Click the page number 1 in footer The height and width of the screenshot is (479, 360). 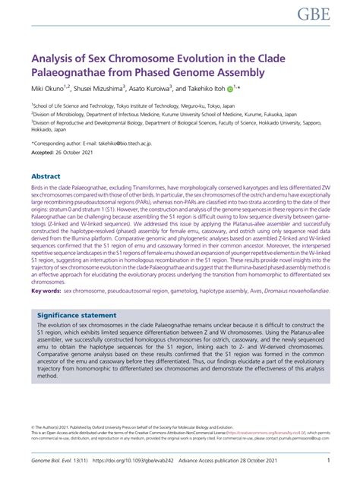pos(327,460)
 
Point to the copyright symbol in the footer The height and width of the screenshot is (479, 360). pos(33,428)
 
